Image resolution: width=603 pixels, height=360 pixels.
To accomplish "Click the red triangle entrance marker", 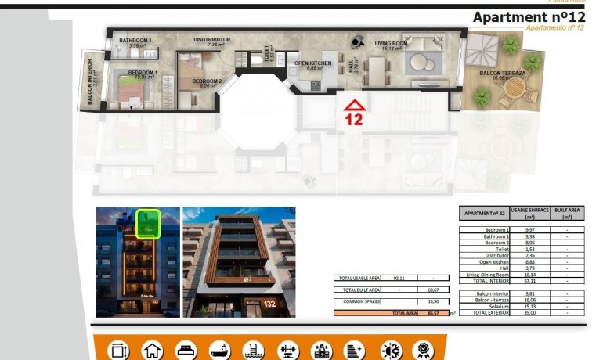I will (355, 104).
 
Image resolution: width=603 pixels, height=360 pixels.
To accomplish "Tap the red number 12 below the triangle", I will (355, 120).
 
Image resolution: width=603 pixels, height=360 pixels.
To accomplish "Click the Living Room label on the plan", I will (390, 44).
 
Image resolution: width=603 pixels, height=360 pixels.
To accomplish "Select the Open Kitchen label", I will (313, 63).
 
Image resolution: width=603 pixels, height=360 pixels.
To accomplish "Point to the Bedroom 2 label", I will (207, 81).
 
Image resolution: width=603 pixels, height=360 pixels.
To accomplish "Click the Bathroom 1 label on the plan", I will (135, 41).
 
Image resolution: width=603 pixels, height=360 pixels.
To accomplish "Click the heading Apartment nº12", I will (529, 17).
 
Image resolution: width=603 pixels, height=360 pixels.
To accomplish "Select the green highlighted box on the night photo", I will (148, 224).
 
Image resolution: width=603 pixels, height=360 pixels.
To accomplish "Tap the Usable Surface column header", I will (529, 213).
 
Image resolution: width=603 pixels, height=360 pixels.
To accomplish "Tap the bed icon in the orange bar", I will (188, 350).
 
